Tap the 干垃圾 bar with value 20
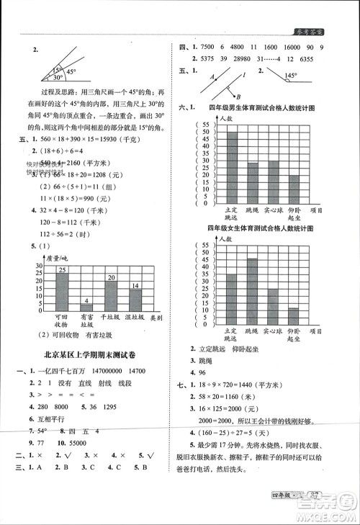pos(111,293)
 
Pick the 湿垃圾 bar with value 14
pos(135,298)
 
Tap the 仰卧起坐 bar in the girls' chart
pos(294,317)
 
